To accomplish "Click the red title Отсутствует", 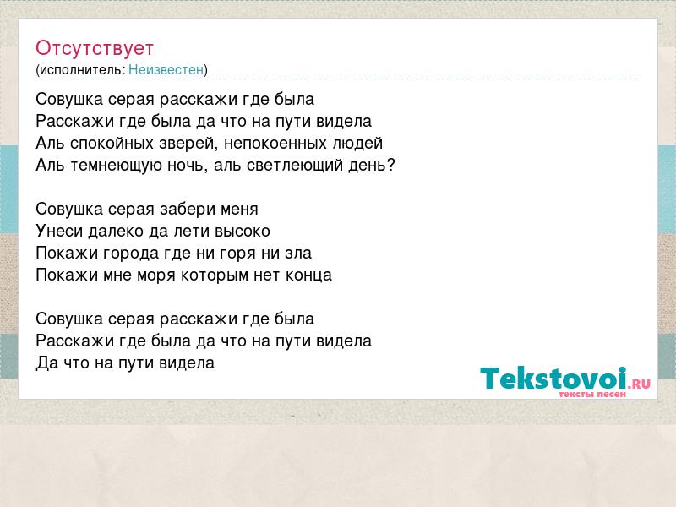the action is [x=95, y=48].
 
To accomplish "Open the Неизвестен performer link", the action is [x=166, y=69].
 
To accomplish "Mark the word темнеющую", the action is [x=116, y=166].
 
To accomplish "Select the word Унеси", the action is [x=59, y=231].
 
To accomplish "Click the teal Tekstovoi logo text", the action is [x=553, y=379].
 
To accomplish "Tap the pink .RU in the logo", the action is [x=640, y=384].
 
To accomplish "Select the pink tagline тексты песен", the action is [x=592, y=394].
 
